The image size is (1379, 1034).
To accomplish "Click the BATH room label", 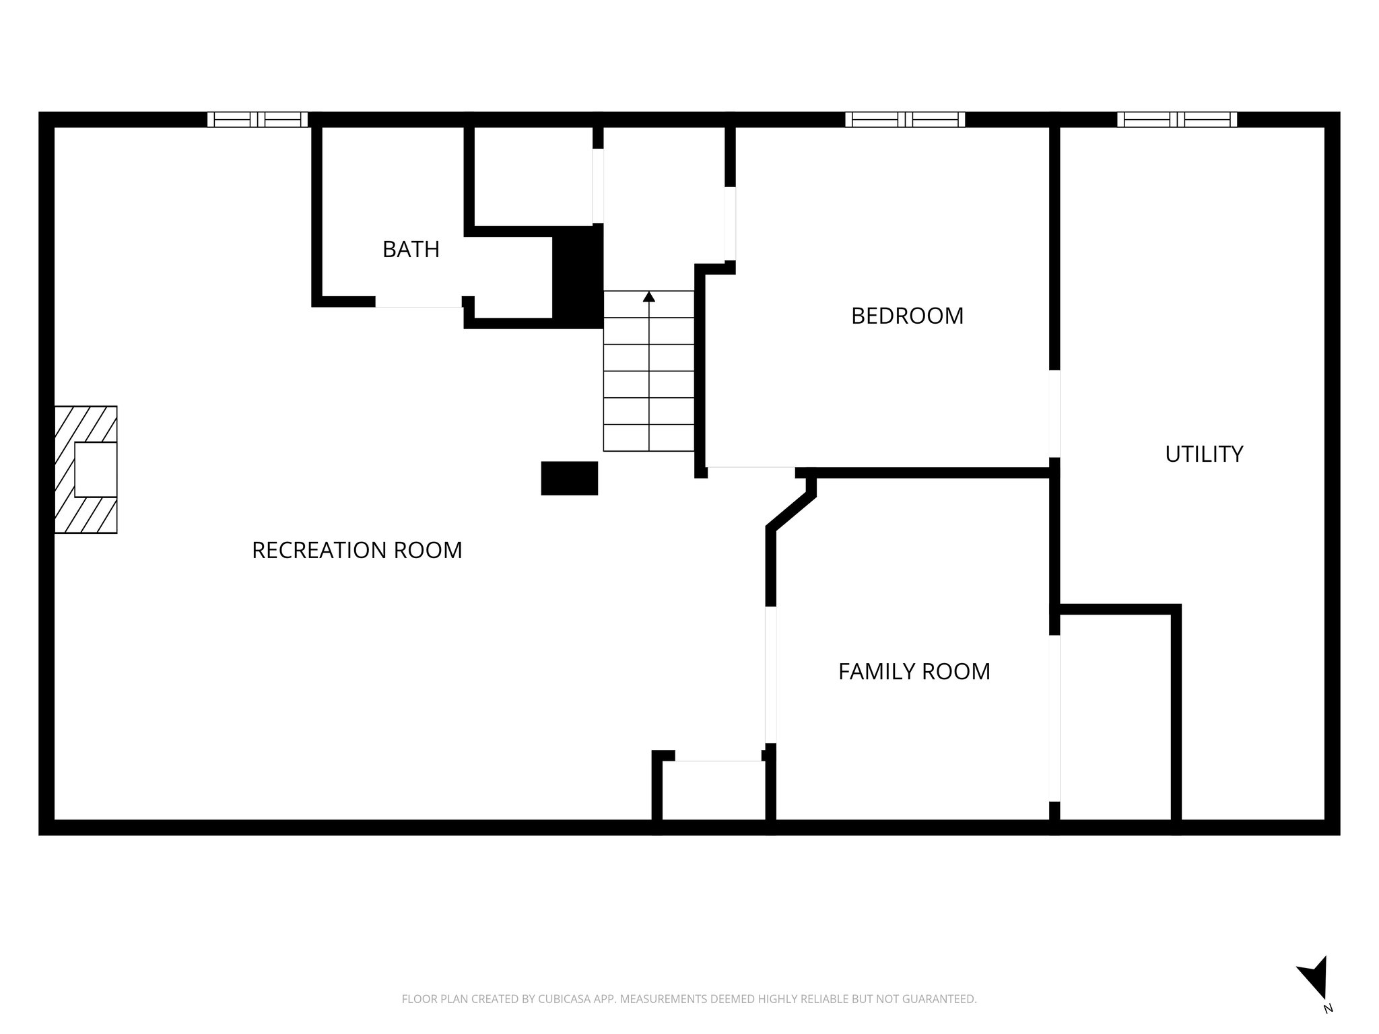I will click(411, 250).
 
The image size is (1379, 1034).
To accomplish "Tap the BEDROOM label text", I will click(907, 316).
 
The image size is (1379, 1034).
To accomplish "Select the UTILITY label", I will click(1204, 454).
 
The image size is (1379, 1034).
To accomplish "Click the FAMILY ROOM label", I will click(914, 671).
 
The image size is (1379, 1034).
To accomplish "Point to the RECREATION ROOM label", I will click(357, 550).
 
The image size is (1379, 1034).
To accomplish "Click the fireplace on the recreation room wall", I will click(86, 470).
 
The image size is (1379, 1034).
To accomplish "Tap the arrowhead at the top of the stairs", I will click(648, 296).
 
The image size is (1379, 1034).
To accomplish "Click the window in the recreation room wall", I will click(257, 120).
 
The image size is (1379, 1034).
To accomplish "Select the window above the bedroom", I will click(905, 120).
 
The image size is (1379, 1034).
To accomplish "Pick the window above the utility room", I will click(1176, 120).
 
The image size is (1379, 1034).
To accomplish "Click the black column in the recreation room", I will click(570, 478).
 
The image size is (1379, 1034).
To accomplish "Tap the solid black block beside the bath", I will click(577, 276).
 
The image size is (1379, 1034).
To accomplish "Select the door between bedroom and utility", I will click(1054, 413).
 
